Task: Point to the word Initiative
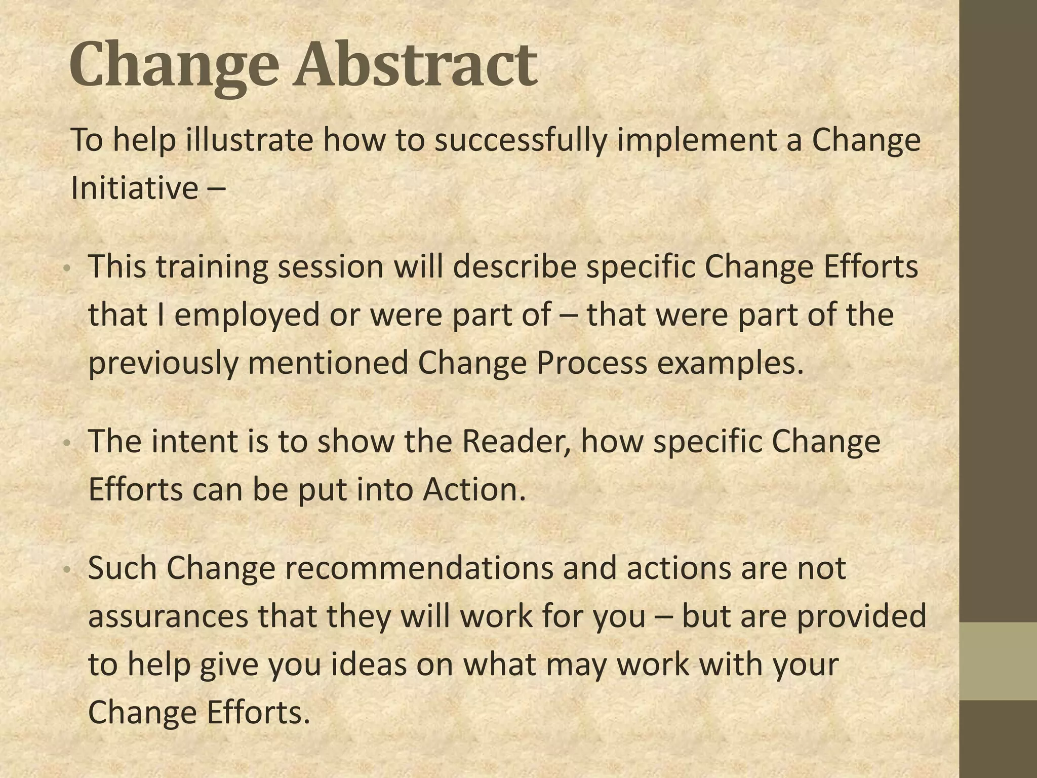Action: (x=135, y=188)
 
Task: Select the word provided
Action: (x=861, y=616)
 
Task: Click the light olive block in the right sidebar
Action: (x=998, y=661)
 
